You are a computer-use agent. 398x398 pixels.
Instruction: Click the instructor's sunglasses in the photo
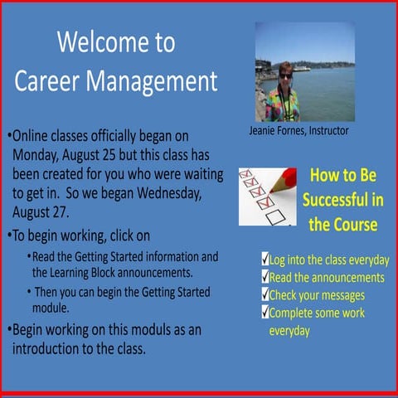(x=286, y=75)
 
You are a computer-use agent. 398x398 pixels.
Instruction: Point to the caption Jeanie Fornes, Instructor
(x=299, y=131)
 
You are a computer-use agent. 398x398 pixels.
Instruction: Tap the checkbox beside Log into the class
(x=265, y=260)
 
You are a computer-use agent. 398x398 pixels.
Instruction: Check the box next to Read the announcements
(x=265, y=277)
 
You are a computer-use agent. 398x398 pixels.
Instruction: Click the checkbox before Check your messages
(x=265, y=294)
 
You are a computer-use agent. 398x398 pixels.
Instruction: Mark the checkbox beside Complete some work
(x=265, y=313)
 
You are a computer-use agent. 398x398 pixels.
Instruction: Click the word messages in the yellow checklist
(x=341, y=295)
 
